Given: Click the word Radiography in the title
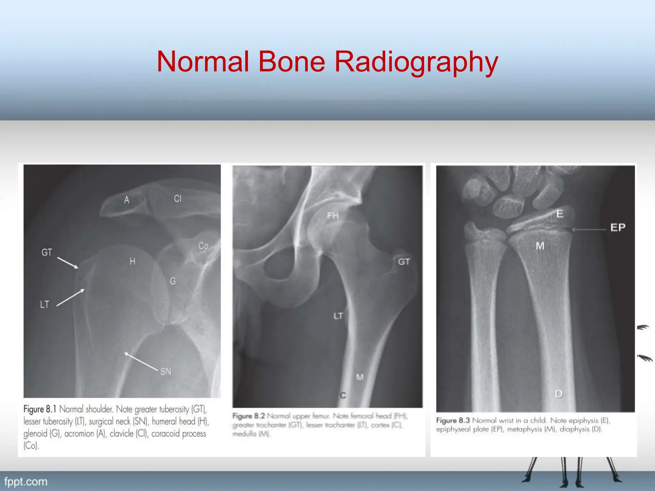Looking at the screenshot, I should [x=416, y=62].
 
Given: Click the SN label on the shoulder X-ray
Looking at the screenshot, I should [x=166, y=371].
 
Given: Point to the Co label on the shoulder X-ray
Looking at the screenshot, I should [x=203, y=246].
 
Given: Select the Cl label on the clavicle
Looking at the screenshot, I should [x=178, y=199].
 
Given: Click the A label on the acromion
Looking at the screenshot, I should [x=127, y=200].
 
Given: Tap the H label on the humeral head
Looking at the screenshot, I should [x=132, y=262].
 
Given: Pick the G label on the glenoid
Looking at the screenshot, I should [x=173, y=281].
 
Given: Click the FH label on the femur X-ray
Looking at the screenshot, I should [x=333, y=216].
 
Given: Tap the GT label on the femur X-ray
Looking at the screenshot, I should [x=404, y=262].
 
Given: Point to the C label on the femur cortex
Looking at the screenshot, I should [x=343, y=395].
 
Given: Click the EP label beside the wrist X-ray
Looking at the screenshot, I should [x=618, y=228].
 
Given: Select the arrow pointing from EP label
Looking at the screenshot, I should [x=589, y=229].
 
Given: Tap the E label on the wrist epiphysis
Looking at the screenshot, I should [x=560, y=214].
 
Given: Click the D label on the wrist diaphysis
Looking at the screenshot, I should [x=559, y=394].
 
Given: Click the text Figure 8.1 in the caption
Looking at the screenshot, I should [x=40, y=409].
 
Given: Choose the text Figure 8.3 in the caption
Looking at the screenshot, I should [x=453, y=420].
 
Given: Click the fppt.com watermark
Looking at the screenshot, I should [x=26, y=482].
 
